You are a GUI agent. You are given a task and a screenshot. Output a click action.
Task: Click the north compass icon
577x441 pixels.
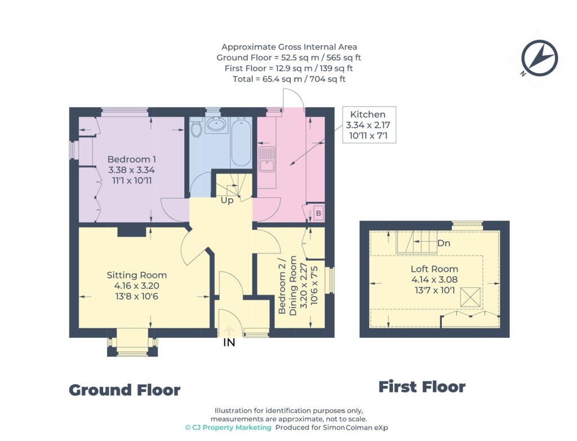[x=539, y=58]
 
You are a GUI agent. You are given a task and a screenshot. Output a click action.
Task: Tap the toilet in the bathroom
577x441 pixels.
[x=196, y=127]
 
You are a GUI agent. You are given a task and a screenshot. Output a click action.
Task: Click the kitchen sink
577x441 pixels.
[x=267, y=159]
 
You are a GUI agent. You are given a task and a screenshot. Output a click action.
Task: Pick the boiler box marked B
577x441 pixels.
[x=318, y=213]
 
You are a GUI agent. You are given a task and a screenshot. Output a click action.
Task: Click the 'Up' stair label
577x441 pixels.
[x=227, y=201]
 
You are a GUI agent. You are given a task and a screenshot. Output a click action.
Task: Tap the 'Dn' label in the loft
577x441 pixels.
[x=444, y=243]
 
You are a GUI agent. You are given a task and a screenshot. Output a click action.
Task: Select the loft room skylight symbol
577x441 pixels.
[x=471, y=297]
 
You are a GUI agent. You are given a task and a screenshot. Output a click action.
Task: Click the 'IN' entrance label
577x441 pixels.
[x=229, y=342]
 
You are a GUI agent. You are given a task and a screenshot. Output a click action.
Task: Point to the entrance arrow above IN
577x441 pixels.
[x=229, y=330]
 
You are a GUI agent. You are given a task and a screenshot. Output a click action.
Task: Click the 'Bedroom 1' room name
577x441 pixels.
[x=132, y=159]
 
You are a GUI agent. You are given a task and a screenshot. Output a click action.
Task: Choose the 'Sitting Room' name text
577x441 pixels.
[x=136, y=275]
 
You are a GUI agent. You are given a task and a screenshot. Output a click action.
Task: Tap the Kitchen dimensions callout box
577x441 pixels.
[x=369, y=124]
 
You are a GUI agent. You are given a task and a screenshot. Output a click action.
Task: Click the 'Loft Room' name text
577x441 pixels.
[x=434, y=269]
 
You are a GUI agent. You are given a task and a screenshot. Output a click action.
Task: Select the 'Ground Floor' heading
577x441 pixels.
[x=125, y=390]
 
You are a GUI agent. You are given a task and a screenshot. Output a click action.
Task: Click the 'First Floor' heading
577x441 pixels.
[x=422, y=387]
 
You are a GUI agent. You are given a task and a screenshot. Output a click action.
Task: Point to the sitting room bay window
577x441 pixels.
[x=132, y=347]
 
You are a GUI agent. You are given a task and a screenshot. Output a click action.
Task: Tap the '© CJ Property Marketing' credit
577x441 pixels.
[x=228, y=427]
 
